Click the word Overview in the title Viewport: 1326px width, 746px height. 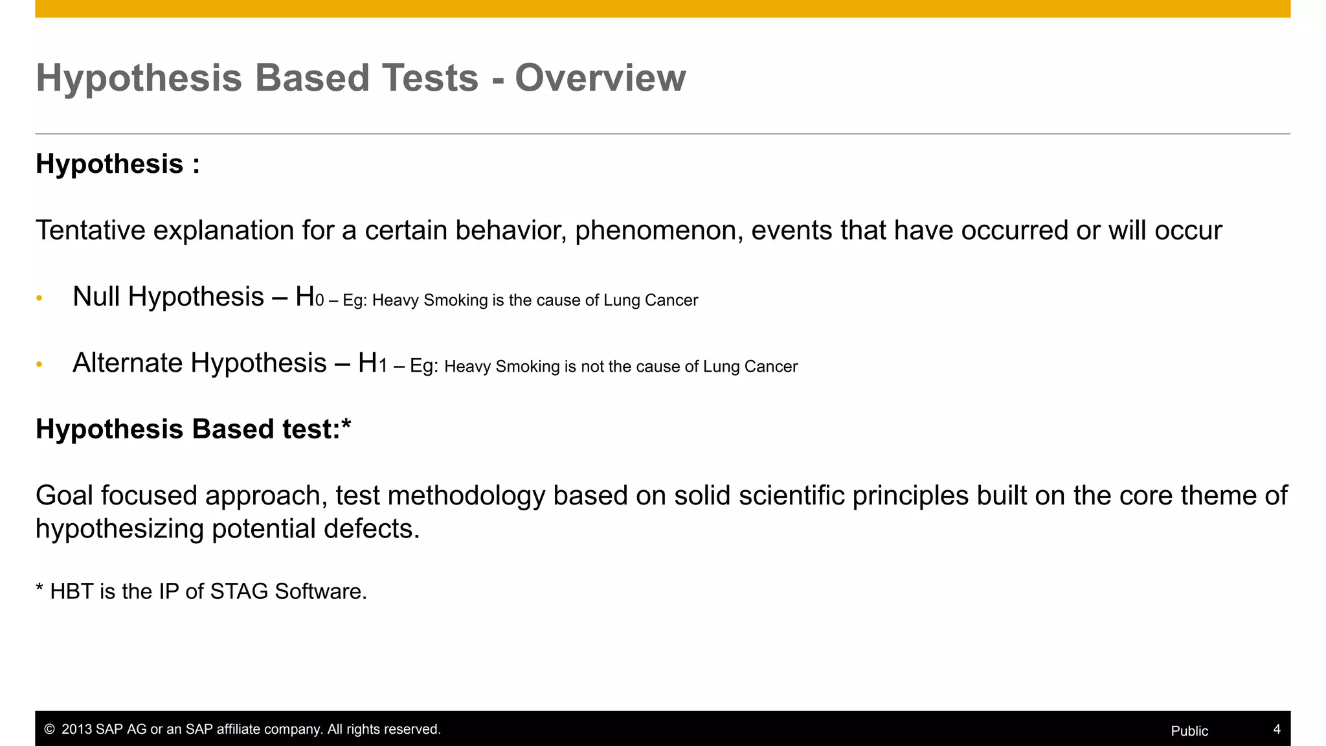(600, 78)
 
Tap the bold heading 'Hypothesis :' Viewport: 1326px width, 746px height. (117, 164)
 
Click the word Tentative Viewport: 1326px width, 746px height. (90, 231)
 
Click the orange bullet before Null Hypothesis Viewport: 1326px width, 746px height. (39, 299)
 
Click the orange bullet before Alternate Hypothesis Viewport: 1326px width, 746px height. (39, 365)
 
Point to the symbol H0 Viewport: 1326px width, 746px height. (309, 297)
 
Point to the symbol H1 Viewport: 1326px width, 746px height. (372, 364)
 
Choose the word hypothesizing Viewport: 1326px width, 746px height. (120, 530)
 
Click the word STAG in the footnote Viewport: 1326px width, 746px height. (239, 592)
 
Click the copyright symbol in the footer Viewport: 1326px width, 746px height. (49, 729)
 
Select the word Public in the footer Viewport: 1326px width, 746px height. (1189, 731)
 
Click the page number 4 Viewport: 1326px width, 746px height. (1276, 729)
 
